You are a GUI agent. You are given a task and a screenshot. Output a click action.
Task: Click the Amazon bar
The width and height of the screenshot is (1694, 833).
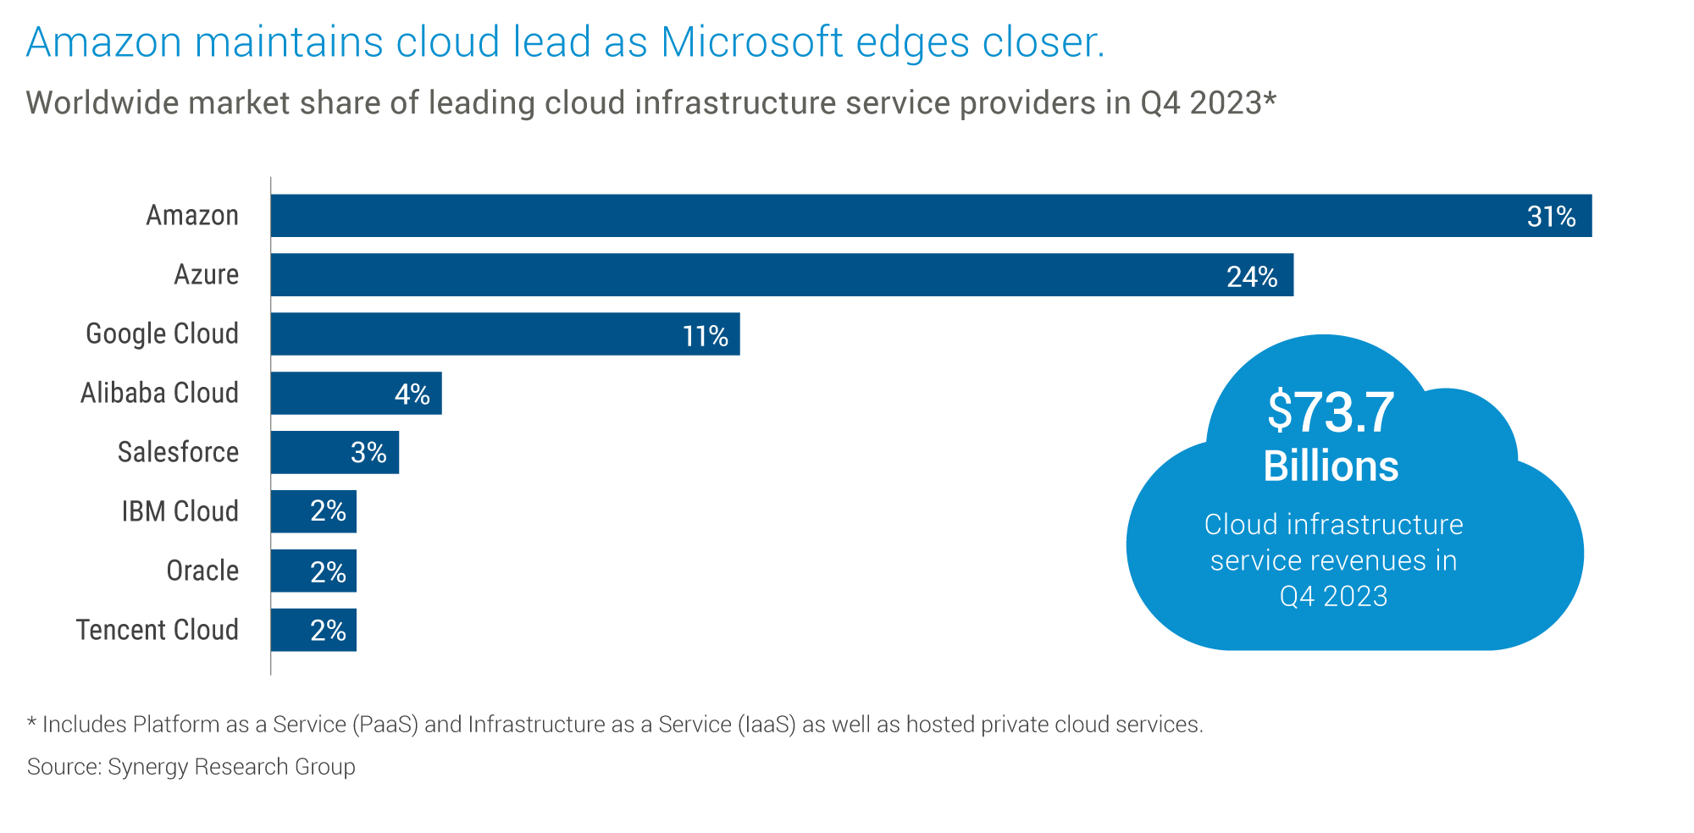point(847,216)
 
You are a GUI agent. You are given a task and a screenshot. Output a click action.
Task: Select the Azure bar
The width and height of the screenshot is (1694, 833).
point(762,275)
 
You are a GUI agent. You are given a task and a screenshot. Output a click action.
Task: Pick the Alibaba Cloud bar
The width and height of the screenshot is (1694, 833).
point(330,394)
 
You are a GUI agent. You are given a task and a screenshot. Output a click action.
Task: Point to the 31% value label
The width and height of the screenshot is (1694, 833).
point(1551,218)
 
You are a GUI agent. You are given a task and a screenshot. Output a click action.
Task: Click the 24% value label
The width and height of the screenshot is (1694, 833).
point(1252,277)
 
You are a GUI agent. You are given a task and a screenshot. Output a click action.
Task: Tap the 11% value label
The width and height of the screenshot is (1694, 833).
point(705,337)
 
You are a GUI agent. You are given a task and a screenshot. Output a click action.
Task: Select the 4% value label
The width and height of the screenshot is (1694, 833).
point(412,394)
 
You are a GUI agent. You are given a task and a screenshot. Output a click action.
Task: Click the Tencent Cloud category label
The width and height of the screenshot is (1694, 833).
point(158,630)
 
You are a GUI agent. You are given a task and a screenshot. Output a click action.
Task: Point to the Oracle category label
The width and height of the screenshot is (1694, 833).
point(202,571)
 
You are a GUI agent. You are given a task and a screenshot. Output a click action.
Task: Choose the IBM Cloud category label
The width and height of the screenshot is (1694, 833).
point(180,511)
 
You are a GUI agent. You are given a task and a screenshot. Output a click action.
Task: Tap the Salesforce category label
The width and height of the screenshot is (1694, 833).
point(178,452)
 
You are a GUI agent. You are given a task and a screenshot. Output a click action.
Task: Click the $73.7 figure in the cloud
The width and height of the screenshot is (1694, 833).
point(1331,412)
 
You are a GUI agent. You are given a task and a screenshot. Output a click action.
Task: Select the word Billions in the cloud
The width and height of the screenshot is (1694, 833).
point(1331,466)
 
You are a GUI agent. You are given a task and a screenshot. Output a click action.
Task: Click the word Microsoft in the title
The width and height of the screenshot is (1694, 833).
point(752,42)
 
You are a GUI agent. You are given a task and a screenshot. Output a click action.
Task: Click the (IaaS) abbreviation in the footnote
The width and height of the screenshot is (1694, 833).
point(767,725)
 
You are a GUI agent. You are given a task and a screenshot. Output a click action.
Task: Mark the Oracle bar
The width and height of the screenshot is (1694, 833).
point(313,571)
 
